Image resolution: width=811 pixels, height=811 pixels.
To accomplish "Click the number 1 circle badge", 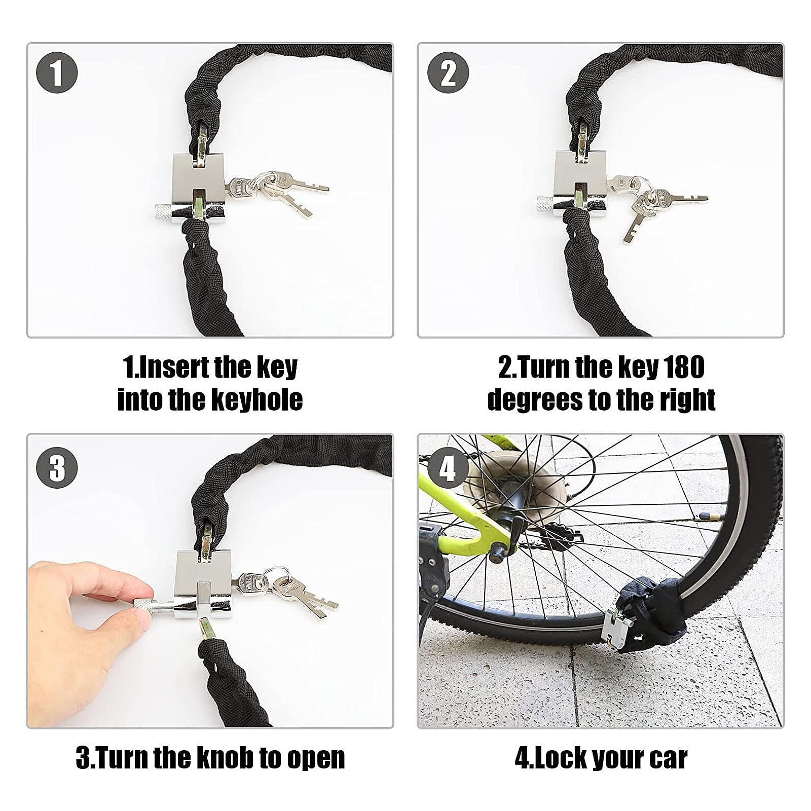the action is point(57,73).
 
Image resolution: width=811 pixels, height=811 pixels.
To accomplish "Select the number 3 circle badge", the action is point(57,467).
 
